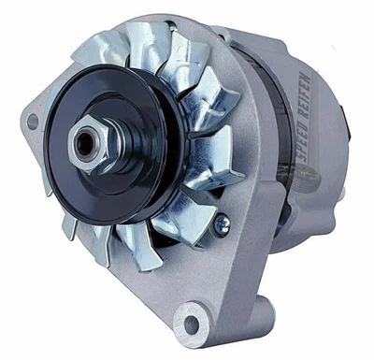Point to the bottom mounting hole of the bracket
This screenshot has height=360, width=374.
coord(193,324)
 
